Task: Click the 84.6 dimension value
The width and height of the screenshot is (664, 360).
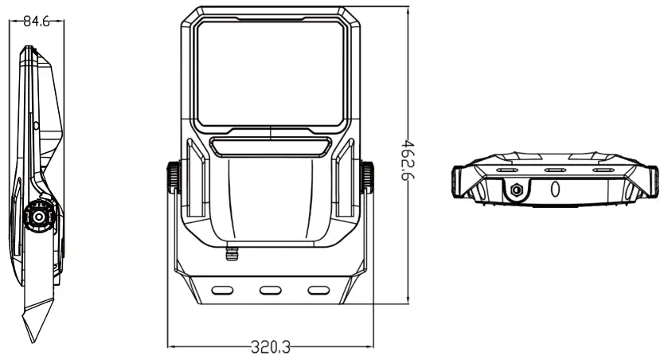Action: point(36,22)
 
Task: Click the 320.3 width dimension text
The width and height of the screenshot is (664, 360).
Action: point(271,347)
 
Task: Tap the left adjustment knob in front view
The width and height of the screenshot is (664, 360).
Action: point(172,177)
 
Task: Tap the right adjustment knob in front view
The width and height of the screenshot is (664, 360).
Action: point(369,177)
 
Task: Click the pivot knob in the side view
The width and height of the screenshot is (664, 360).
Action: point(37,216)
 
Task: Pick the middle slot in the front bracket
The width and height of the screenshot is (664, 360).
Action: point(271,289)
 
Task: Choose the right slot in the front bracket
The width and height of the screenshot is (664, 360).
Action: point(318,289)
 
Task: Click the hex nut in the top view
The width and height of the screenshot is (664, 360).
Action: point(516,190)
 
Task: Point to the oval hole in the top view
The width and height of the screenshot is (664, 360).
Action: point(556,189)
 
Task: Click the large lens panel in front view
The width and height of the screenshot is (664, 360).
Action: point(271,73)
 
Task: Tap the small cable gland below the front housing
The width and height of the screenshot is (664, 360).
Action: point(232,253)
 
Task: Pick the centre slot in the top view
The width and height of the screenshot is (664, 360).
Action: point(555,170)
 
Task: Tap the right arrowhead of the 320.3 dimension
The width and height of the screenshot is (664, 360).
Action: point(373,346)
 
